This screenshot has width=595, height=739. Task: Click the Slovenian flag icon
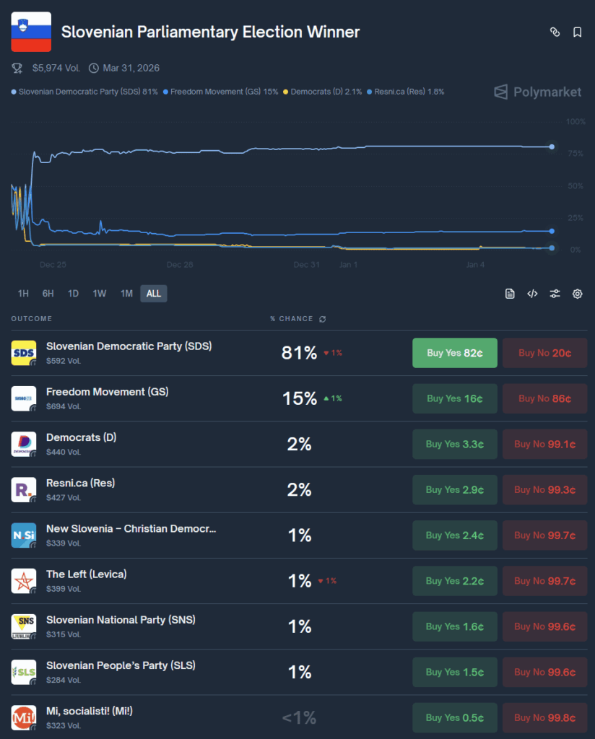coord(30,32)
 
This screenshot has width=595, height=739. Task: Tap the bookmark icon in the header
coord(577,32)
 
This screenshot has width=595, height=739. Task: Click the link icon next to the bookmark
coord(555,32)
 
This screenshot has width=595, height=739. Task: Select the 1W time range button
coord(99,293)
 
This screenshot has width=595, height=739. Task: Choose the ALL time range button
coord(153,293)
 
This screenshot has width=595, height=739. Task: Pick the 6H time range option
coord(48,293)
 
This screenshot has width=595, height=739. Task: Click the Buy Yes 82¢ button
coord(454,353)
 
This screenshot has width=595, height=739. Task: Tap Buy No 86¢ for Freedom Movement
coord(544,398)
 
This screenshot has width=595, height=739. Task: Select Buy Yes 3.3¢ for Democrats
coord(454,444)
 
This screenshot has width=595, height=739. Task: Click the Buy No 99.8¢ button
coord(544,717)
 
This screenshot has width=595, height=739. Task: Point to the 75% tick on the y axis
coord(575,154)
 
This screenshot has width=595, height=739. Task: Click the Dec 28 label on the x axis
coord(179,265)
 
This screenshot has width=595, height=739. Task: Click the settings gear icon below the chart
coord(577,294)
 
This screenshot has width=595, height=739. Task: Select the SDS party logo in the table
coord(24,353)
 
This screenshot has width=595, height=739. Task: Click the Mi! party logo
coord(24,717)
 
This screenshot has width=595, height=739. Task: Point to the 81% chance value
coord(299,353)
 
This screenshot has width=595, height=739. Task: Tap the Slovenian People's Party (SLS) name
coord(121,665)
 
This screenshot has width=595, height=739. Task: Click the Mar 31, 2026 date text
coord(131,68)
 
